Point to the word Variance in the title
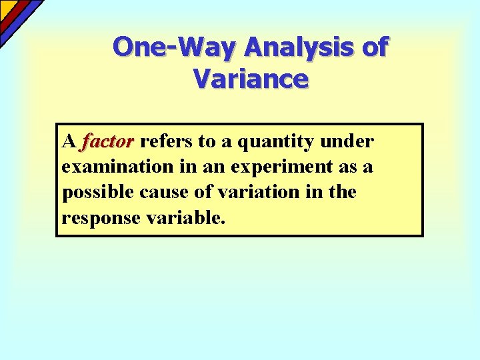point(251,79)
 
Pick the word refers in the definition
point(164,142)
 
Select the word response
point(95,218)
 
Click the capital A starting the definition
point(68,142)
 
